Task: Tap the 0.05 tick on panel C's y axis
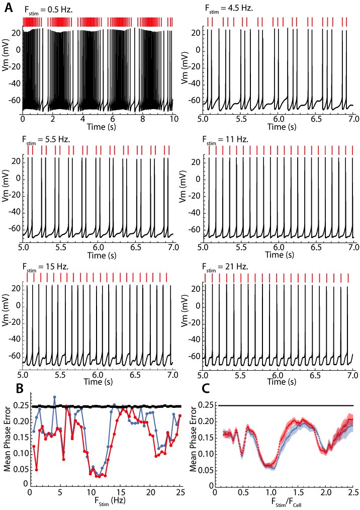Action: click(x=198, y=470)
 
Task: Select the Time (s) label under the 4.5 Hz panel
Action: click(x=279, y=127)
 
